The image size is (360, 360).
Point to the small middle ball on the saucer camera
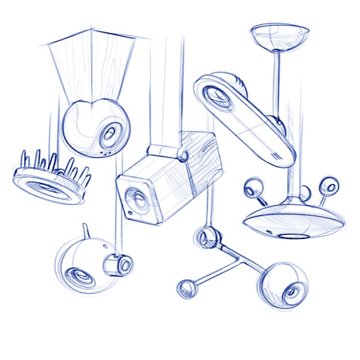point(305,192)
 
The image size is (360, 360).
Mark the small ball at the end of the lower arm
point(186,289)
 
